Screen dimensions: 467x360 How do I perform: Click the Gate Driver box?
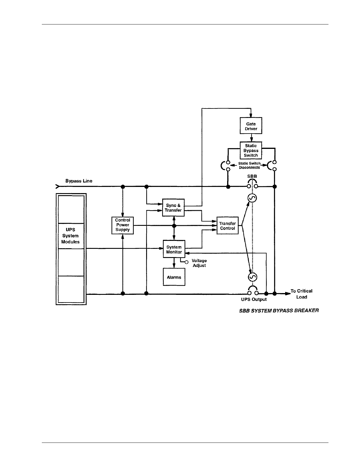pyautogui.click(x=251, y=126)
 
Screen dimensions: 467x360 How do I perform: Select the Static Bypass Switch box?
pyautogui.click(x=251, y=150)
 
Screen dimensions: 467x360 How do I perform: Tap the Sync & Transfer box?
pyautogui.click(x=173, y=208)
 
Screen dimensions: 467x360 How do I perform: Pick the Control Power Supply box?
pyautogui.click(x=123, y=225)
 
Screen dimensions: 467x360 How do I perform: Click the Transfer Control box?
pyautogui.click(x=227, y=226)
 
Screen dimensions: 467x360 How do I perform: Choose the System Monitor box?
pyautogui.click(x=174, y=249)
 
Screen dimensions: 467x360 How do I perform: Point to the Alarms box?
pyautogui.click(x=174, y=277)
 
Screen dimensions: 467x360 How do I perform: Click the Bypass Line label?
pyautogui.click(x=79, y=181)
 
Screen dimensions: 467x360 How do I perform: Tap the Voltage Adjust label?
pyautogui.click(x=199, y=263)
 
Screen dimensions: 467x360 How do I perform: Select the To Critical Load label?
pyautogui.click(x=301, y=294)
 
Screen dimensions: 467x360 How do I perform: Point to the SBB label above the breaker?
pyautogui.click(x=252, y=176)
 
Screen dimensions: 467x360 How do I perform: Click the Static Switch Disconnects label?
pyautogui.click(x=250, y=165)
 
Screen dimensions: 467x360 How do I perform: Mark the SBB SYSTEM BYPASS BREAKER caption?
pyautogui.click(x=279, y=311)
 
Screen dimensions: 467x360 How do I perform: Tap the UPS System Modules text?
pyautogui.click(x=70, y=236)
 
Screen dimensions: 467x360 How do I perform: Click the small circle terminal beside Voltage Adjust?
pyautogui.click(x=186, y=262)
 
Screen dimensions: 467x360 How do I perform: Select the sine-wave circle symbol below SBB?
pyautogui.click(x=252, y=198)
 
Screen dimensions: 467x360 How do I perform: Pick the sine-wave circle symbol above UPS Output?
pyautogui.click(x=252, y=277)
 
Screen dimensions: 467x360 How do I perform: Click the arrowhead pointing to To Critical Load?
pyautogui.click(x=288, y=293)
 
